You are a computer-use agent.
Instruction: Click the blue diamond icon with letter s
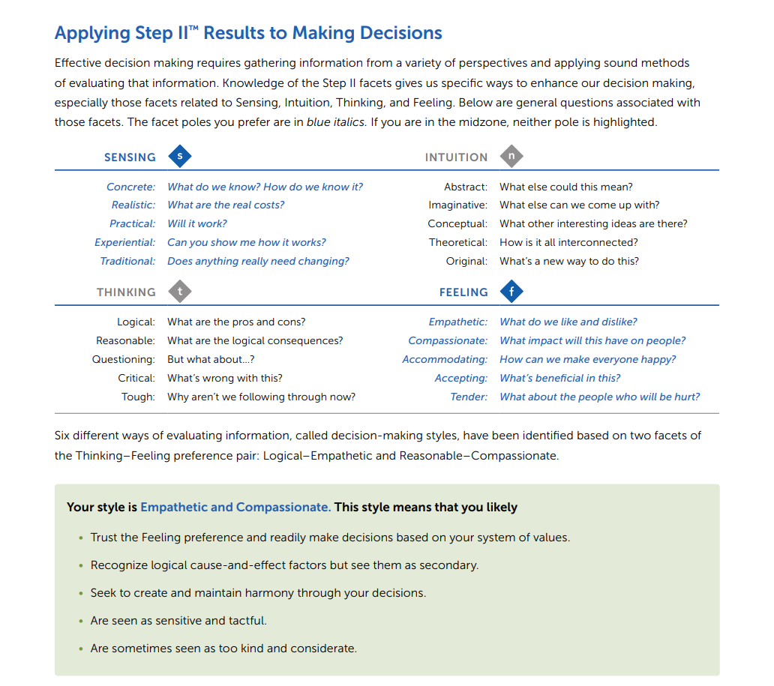click(x=179, y=157)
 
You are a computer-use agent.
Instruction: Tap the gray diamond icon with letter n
click(x=511, y=157)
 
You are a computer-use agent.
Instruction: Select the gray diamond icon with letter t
click(x=179, y=292)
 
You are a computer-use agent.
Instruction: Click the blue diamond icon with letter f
click(x=511, y=292)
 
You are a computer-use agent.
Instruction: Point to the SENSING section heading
click(x=130, y=157)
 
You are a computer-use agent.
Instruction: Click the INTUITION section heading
click(x=456, y=157)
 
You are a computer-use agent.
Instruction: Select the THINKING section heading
click(x=126, y=292)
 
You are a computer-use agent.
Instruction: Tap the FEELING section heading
click(x=463, y=292)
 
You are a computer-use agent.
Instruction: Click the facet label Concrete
click(x=130, y=187)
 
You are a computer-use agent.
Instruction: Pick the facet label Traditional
click(x=127, y=261)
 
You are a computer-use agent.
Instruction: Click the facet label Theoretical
click(x=457, y=242)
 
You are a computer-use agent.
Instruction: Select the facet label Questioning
click(x=124, y=359)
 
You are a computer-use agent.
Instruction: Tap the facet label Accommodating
click(x=445, y=359)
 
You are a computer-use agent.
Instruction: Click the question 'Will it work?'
click(x=197, y=223)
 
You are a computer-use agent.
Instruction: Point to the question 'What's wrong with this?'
click(x=225, y=378)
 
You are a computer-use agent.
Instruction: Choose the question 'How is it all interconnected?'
click(x=568, y=242)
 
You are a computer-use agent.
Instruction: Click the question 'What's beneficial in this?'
click(x=560, y=378)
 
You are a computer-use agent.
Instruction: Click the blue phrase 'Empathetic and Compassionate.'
click(x=235, y=507)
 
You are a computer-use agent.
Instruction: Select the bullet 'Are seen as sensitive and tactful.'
click(x=178, y=620)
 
